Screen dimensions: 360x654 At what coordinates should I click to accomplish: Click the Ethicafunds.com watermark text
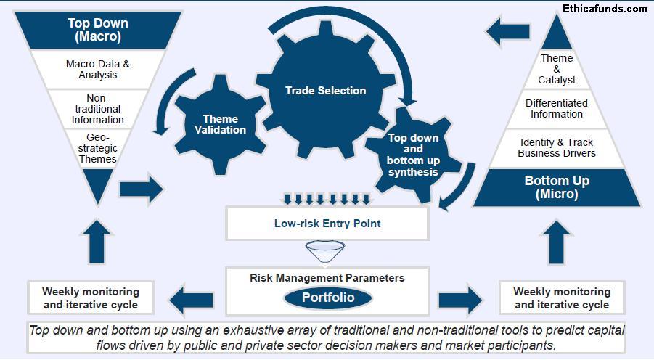604,9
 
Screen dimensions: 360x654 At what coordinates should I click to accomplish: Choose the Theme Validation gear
220,124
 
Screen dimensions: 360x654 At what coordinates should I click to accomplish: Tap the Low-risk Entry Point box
327,223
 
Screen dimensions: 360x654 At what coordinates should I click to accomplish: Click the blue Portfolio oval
327,298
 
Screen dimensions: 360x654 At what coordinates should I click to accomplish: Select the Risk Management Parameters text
327,277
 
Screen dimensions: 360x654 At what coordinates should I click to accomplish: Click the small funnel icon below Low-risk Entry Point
327,252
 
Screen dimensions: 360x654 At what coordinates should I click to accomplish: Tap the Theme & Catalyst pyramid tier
557,69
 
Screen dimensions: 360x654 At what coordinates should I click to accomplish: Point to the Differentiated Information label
557,108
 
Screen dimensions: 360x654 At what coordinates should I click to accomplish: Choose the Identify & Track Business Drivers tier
557,147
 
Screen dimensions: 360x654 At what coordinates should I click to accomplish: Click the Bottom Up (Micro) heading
557,187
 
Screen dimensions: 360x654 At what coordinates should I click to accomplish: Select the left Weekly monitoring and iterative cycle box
90,298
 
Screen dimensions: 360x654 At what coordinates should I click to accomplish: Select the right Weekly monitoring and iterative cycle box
561,298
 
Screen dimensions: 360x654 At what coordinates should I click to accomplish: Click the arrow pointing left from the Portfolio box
193,298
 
